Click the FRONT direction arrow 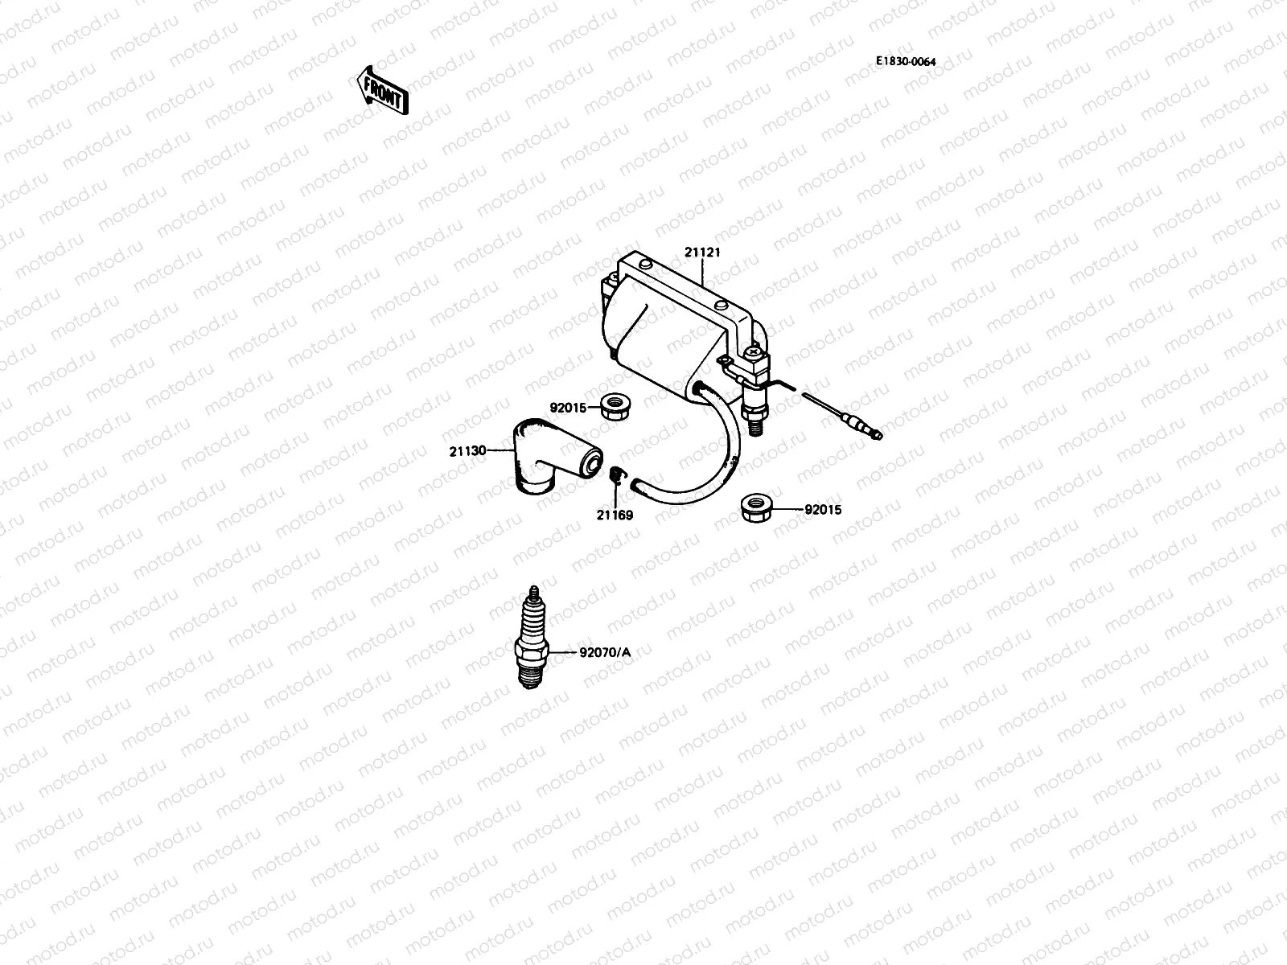point(382,89)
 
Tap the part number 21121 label point(702,253)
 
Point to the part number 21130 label point(467,451)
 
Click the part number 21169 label point(615,515)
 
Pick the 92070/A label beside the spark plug point(605,652)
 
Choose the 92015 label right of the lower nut point(822,509)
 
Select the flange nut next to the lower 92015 point(757,507)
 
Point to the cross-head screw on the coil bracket point(754,351)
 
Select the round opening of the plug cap point(594,463)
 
